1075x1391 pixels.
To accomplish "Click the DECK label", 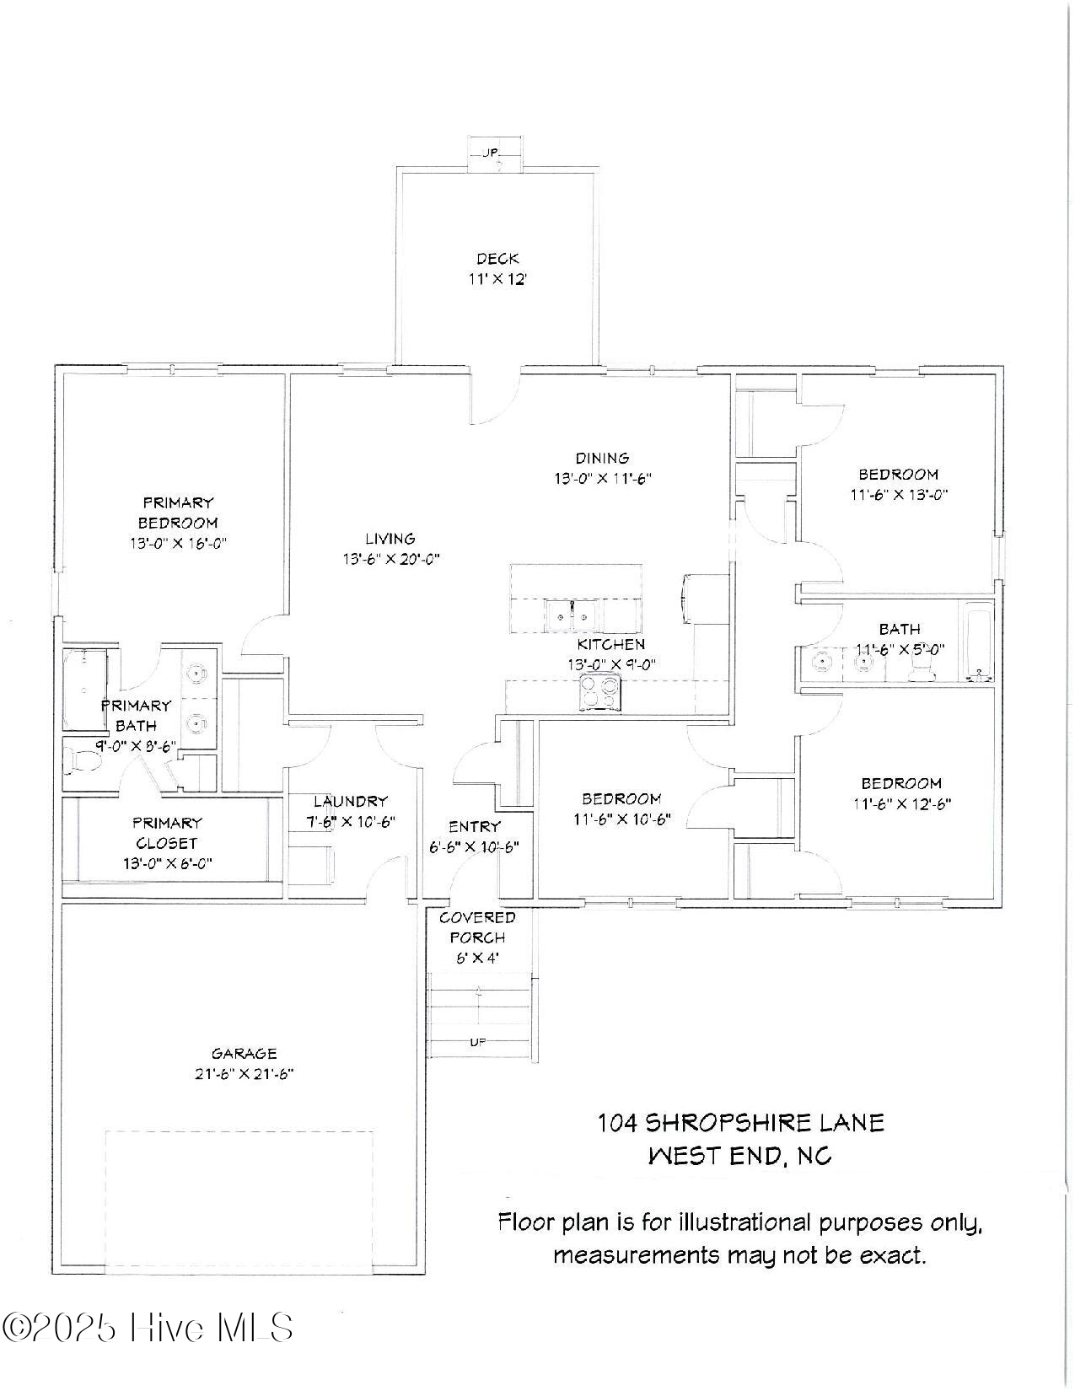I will [497, 259].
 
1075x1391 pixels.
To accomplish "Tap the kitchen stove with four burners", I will [600, 693].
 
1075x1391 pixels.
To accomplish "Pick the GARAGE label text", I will [244, 1053].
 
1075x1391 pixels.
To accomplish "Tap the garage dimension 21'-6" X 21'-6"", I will [244, 1074].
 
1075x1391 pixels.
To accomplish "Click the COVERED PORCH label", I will [477, 927].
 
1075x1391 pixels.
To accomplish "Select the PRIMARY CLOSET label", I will [167, 833].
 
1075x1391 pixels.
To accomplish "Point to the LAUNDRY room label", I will [351, 801].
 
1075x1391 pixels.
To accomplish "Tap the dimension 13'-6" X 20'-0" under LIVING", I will [390, 559].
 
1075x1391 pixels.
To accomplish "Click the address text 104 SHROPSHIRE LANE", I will [741, 1123].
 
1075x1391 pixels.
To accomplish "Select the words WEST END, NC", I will [739, 1155].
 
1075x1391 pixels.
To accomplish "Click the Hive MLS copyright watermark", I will [148, 1328].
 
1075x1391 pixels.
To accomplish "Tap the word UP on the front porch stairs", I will [478, 1042].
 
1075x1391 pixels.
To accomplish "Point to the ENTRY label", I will [475, 827].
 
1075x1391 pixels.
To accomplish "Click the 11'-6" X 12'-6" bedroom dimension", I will [901, 804].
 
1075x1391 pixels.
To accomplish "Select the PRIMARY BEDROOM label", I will [178, 513].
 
